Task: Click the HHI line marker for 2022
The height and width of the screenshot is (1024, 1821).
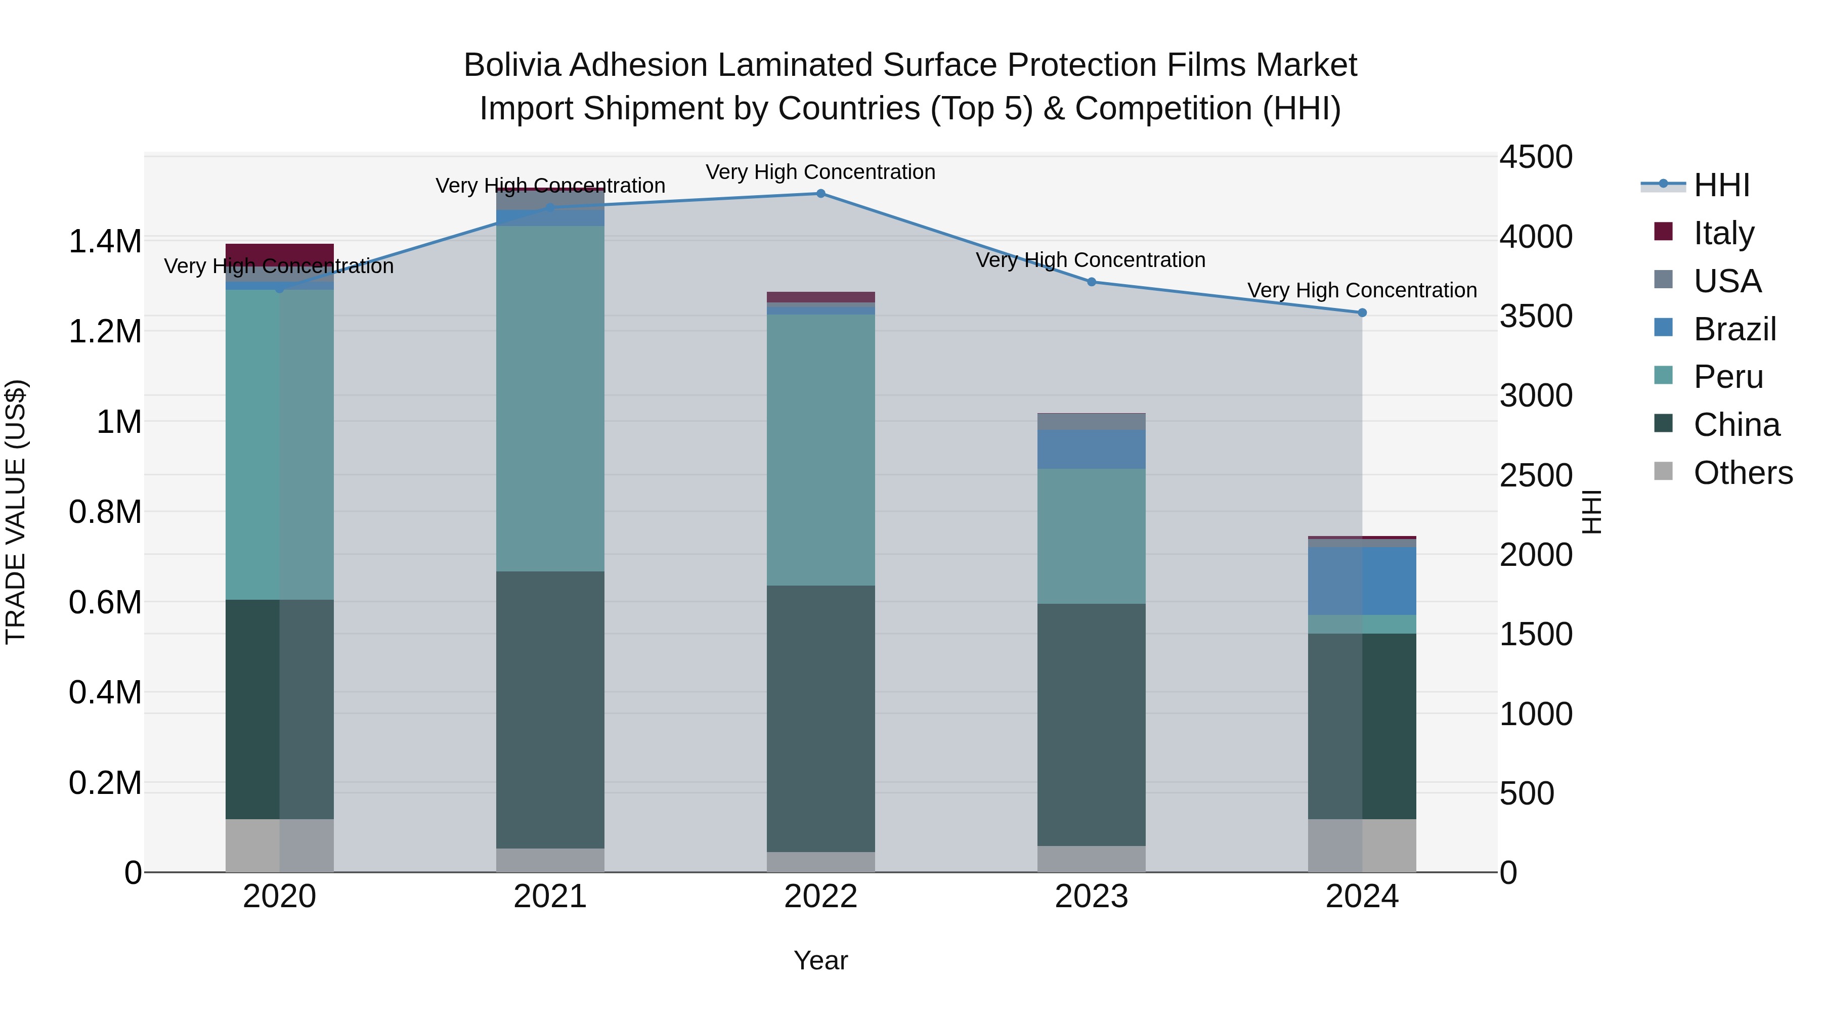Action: pos(821,194)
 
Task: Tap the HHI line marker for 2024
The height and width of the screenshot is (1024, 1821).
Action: pos(1362,313)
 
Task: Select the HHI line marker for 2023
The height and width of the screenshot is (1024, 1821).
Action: pos(1092,282)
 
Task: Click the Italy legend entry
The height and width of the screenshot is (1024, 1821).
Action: pos(1723,233)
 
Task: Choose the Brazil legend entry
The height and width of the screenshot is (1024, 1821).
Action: pos(1734,329)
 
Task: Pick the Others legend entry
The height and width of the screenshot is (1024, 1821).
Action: pos(1743,472)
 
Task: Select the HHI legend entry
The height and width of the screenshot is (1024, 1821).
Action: pos(1721,185)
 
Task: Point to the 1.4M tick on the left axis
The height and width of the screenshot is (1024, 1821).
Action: pos(105,242)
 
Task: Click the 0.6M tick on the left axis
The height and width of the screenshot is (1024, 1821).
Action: pos(105,603)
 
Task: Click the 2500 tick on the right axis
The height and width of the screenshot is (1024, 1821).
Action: pos(1535,475)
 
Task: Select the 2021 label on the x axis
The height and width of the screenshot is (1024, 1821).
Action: pos(550,897)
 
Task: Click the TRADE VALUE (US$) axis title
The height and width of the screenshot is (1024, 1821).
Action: pos(16,512)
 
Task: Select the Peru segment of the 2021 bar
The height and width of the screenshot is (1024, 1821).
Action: pos(550,398)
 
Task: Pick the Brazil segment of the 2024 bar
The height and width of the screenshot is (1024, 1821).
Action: pos(1362,581)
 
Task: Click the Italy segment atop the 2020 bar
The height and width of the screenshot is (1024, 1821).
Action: pos(279,254)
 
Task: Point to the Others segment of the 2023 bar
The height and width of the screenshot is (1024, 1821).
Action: pos(1092,859)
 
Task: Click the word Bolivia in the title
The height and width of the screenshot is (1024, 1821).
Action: pos(514,65)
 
